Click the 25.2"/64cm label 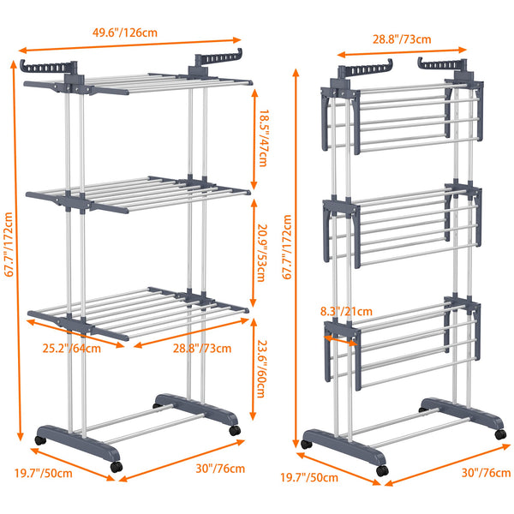(x=72, y=349)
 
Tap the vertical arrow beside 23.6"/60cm (x=254, y=369)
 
